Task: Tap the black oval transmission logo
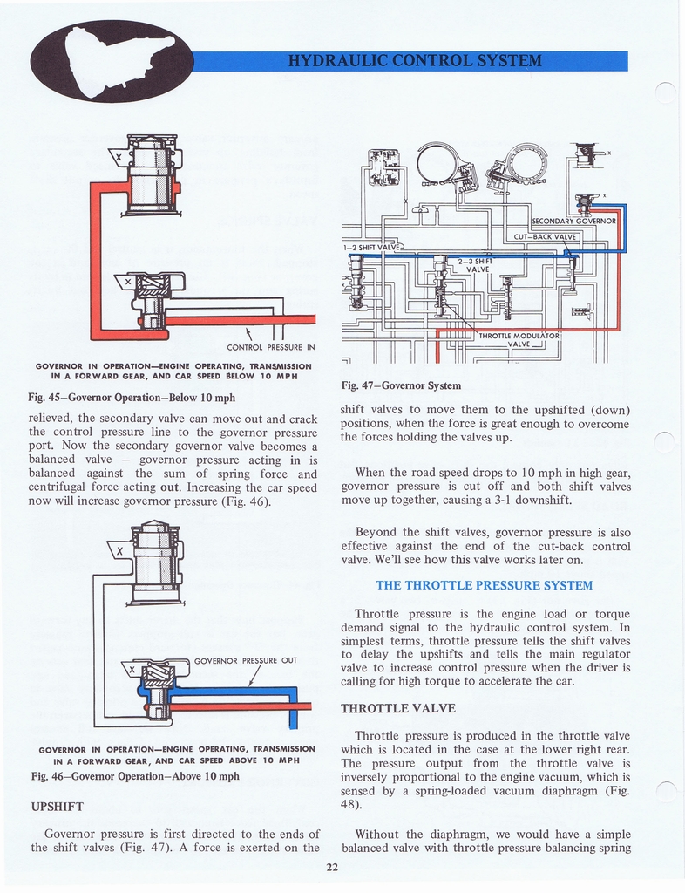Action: [x=112, y=60]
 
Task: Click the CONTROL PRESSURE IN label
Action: [x=270, y=347]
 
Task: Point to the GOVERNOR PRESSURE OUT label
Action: [x=246, y=660]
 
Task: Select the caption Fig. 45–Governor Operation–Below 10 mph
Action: [x=132, y=398]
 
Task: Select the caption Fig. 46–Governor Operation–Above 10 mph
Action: [x=135, y=776]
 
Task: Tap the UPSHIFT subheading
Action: [x=58, y=806]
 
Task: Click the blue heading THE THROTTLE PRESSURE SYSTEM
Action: [x=484, y=585]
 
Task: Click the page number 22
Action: [x=332, y=866]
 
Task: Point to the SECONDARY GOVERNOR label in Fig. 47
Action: [x=574, y=221]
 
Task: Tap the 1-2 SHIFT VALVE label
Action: [x=370, y=247]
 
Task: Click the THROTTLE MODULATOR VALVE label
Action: [x=519, y=339]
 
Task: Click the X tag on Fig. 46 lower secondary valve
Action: [x=132, y=670]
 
